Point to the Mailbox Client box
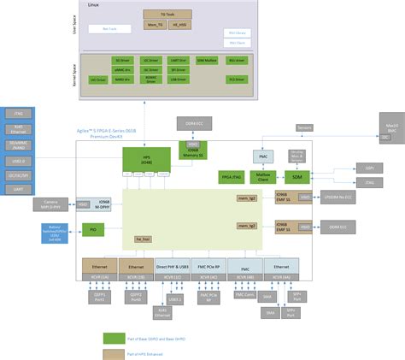point(264,176)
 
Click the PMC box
point(264,156)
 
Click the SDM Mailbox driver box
point(207,61)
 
